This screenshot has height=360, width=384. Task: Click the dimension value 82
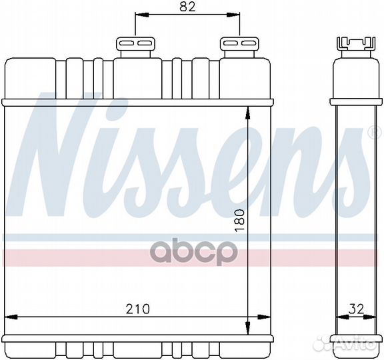[x=188, y=7]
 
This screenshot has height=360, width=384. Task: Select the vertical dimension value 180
[x=241, y=220]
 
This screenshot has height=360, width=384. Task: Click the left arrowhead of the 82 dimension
[x=139, y=15]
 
